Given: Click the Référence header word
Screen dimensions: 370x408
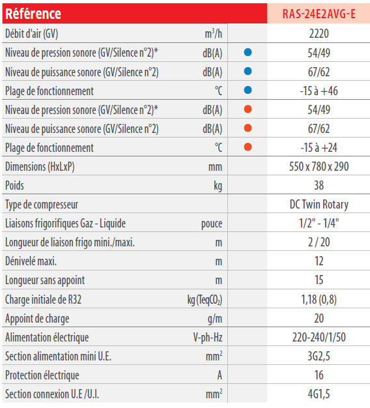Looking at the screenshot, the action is coord(33,14).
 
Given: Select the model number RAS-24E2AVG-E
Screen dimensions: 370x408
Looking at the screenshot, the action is coord(319,14).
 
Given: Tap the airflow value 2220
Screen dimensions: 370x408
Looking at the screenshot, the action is coord(319,34).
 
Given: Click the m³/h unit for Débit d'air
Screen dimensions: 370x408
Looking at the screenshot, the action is coord(213,34).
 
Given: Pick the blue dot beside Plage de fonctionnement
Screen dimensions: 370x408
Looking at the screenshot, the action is coord(248,90).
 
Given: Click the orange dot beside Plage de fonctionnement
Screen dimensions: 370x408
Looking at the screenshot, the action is coord(248,147).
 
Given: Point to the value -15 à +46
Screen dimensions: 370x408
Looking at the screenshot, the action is coord(319,91).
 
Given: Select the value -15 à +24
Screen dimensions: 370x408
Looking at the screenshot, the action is coord(319,148).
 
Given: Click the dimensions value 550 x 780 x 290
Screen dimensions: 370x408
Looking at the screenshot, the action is coord(319,167).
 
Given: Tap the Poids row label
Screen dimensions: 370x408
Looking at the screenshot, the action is coord(14,186).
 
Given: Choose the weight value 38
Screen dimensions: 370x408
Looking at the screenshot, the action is coord(319,186).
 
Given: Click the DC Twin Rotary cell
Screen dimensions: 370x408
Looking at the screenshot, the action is coord(319,205).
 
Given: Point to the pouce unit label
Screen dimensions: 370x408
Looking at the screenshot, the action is coord(212,224).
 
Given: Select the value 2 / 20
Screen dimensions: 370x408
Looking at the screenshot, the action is coord(319,242).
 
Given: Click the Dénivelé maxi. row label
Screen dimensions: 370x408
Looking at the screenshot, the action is coord(31,261).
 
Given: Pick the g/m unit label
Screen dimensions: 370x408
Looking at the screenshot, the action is coord(215,319).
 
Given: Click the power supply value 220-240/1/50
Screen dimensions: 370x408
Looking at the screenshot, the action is coord(319,338).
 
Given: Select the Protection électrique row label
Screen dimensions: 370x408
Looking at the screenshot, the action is coord(42,375).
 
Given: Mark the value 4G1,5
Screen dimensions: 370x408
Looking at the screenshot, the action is coord(319,394).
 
